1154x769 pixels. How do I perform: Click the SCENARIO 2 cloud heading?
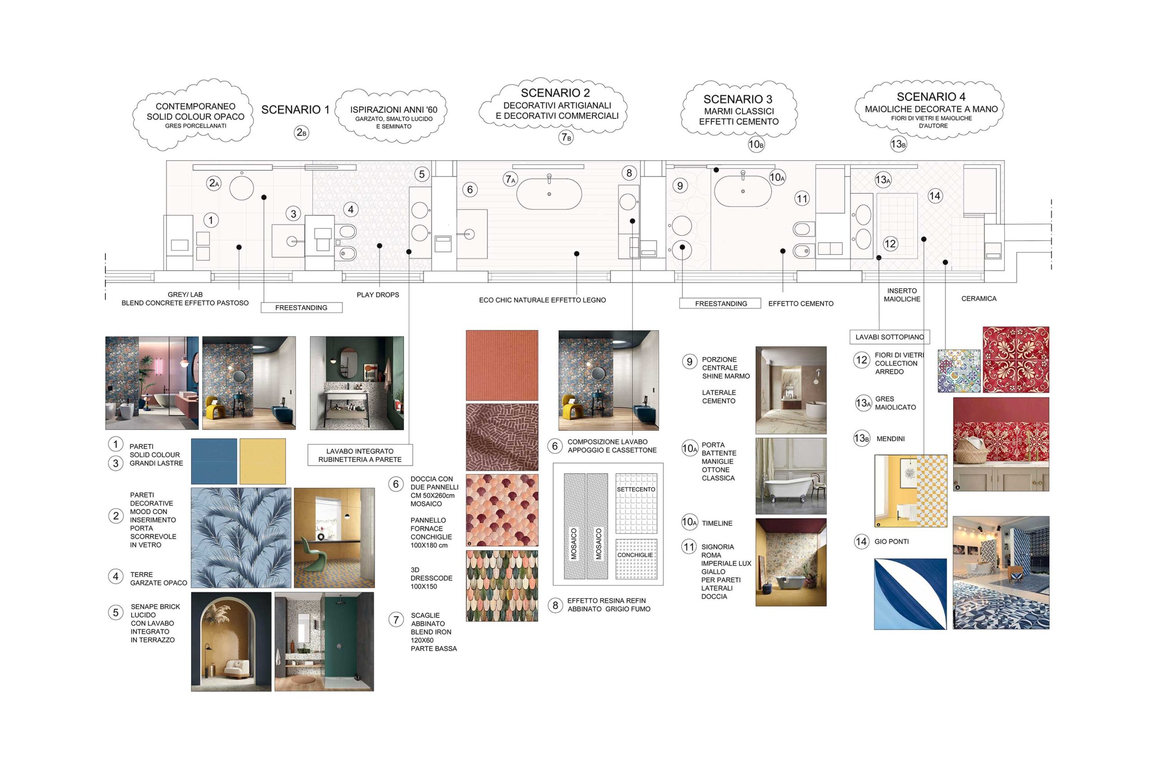coord(555,93)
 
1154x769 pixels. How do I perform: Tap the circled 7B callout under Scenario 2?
coord(566,137)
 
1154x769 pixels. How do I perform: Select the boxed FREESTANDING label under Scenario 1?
coord(301,308)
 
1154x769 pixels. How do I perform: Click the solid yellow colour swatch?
coord(262,461)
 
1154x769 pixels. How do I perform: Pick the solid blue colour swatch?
coord(214,461)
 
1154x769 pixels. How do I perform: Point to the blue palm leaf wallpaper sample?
coord(241,537)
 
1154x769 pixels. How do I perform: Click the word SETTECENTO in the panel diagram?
coord(636,489)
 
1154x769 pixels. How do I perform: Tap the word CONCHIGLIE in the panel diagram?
coord(635,555)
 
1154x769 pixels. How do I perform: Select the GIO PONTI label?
coord(892,541)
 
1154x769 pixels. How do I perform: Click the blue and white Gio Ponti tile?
coord(910,594)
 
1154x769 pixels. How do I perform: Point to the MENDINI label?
coord(891,439)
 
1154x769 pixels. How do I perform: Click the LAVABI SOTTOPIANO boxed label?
coord(889,337)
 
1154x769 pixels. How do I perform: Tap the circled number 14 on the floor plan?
coord(934,196)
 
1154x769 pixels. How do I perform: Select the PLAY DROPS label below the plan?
coord(378,295)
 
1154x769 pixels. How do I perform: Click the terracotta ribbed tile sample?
coord(502,365)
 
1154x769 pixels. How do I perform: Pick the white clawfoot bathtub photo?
coord(791,476)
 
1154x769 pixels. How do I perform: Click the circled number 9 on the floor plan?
coord(680,186)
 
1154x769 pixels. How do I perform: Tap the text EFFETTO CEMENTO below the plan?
coord(801,304)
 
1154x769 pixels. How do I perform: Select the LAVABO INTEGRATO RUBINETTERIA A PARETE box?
coord(360,455)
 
